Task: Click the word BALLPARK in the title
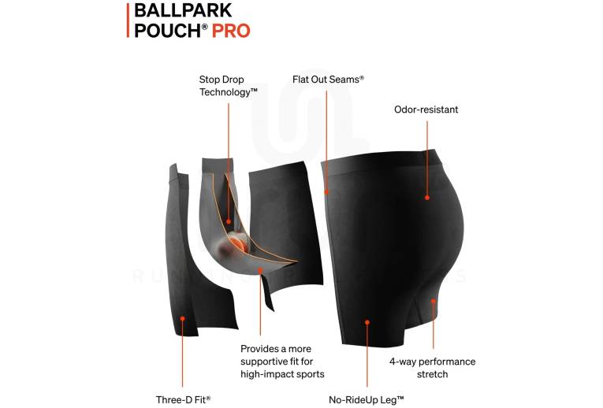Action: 183,10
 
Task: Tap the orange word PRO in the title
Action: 231,31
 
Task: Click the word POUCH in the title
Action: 168,31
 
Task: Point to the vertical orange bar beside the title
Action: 128,20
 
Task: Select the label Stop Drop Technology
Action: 228,86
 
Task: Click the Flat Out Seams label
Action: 328,80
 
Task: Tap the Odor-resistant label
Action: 426,109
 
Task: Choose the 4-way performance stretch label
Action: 432,368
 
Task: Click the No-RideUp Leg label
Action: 366,399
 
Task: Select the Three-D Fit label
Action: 183,399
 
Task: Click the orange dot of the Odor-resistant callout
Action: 427,198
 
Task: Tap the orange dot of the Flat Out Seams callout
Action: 326,191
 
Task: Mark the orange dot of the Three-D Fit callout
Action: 183,318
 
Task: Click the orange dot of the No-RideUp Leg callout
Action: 367,322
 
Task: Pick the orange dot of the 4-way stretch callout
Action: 434,301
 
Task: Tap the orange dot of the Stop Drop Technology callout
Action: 229,221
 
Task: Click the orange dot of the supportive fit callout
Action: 260,270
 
